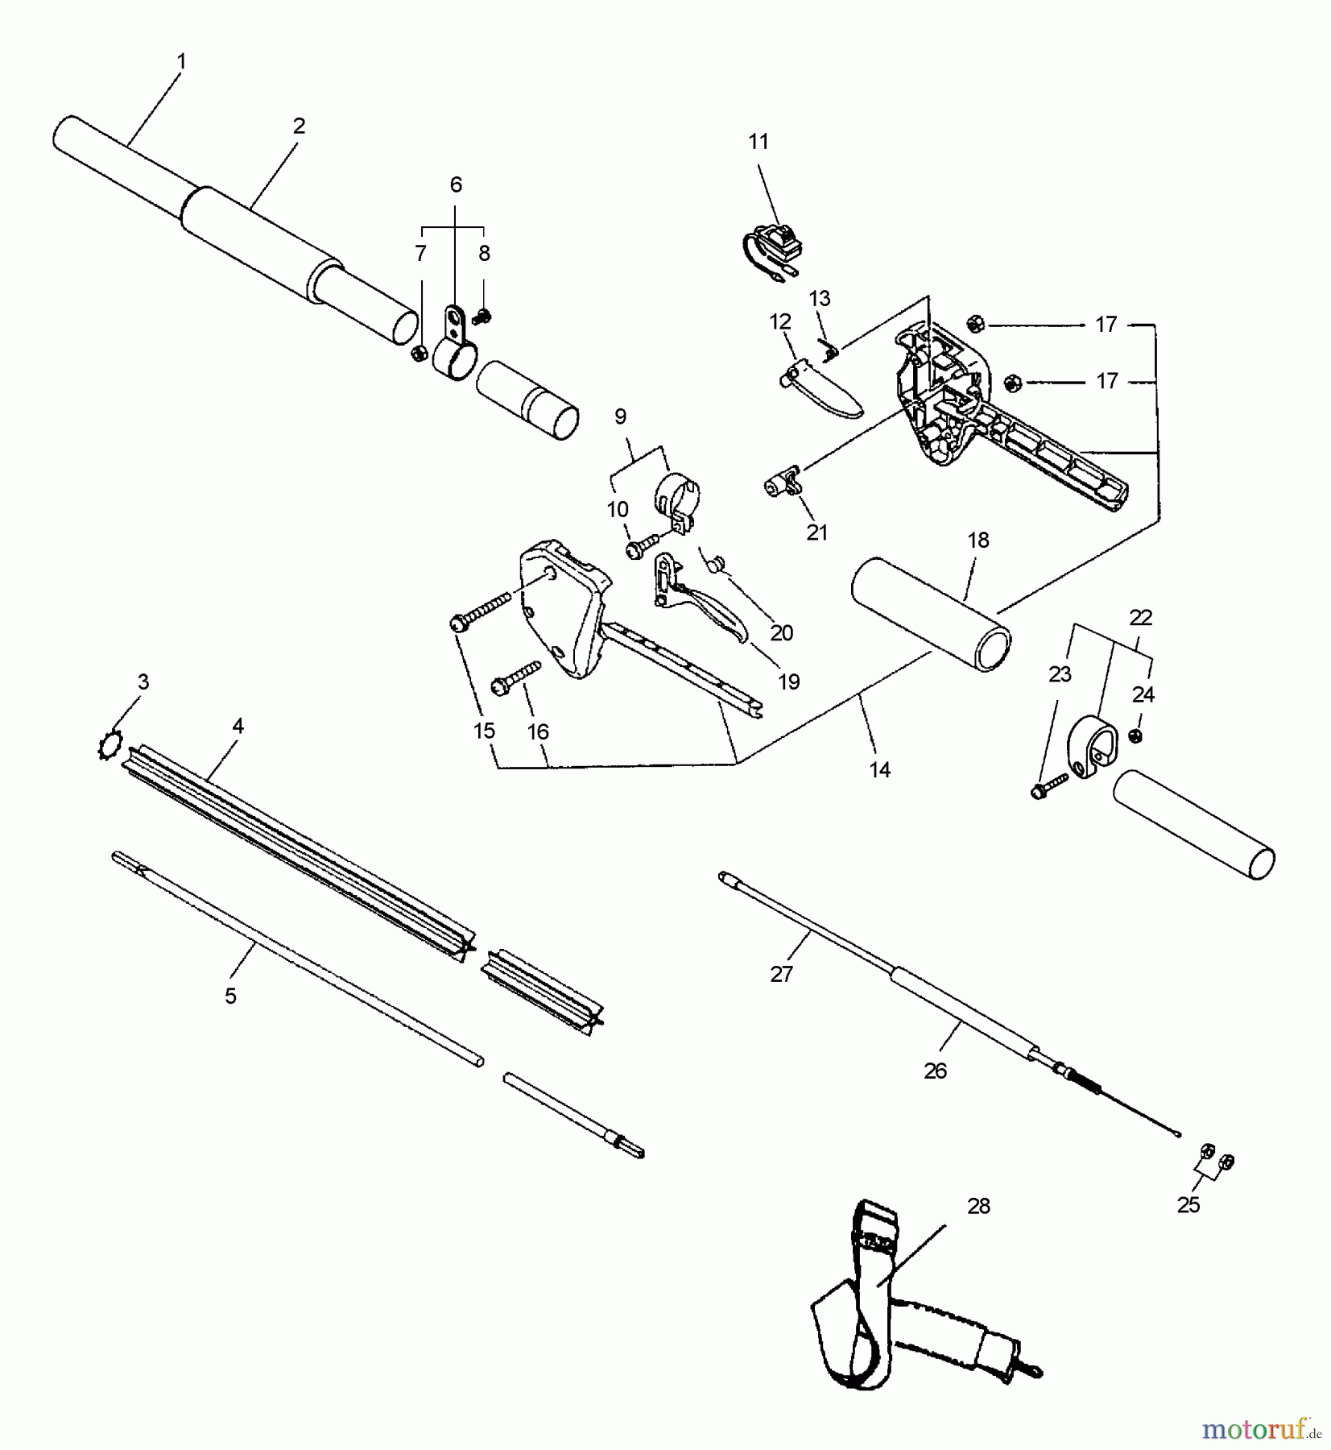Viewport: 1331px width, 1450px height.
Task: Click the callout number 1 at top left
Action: point(181,61)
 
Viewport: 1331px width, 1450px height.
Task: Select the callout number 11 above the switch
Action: point(759,142)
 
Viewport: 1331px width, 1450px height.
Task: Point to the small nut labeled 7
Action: point(419,354)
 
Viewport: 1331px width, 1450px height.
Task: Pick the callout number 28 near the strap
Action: point(978,1206)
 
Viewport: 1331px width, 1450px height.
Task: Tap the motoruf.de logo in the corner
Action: point(1261,1429)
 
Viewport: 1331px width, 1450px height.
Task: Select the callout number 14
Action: point(880,770)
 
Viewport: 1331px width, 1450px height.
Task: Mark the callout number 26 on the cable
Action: point(935,1071)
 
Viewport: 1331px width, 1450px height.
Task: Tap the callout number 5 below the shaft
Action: point(230,996)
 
